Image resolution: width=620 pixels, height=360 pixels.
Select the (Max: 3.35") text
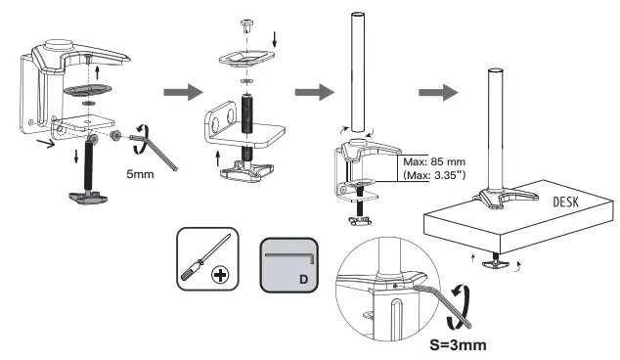click(x=432, y=175)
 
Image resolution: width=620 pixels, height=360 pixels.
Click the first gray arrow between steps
click(x=181, y=93)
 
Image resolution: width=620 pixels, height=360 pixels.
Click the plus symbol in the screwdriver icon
click(x=220, y=276)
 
